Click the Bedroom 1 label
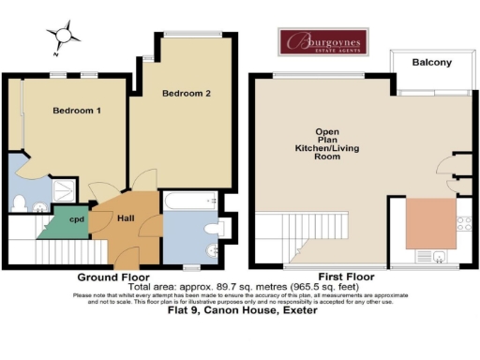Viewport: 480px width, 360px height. [x=76, y=111]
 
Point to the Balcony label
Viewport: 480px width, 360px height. [x=433, y=63]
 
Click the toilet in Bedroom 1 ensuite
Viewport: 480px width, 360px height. [x=20, y=201]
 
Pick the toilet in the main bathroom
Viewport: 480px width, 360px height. [x=210, y=229]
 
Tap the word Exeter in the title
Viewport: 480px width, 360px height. [x=297, y=311]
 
